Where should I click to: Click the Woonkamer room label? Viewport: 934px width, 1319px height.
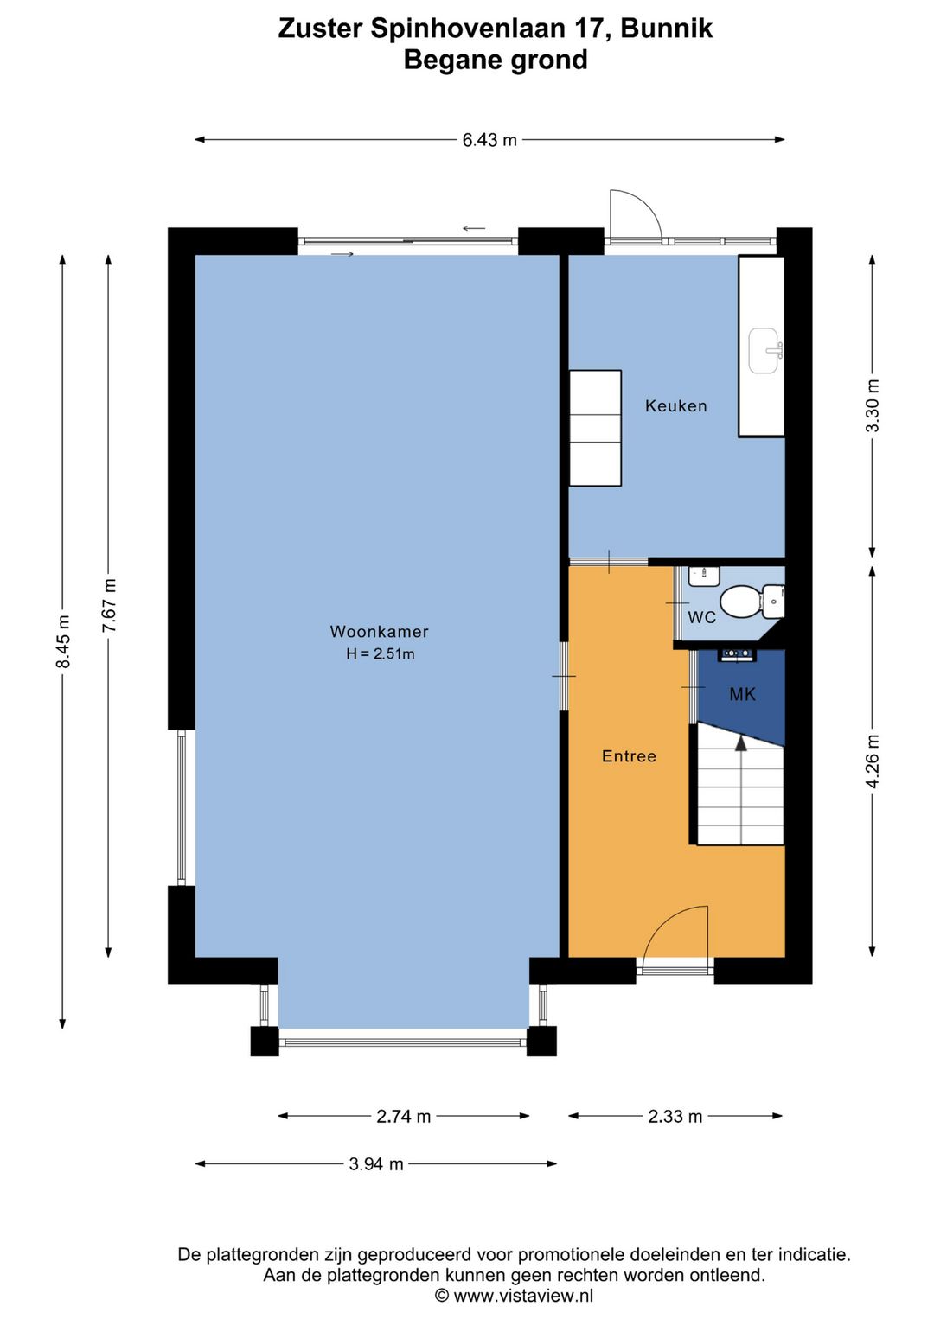(379, 632)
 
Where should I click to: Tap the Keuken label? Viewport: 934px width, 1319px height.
(675, 405)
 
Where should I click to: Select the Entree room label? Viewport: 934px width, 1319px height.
(629, 756)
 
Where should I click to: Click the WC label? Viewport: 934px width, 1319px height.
(701, 617)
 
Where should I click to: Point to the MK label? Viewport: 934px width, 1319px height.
(742, 694)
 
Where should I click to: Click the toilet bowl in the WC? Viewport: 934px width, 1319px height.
(740, 602)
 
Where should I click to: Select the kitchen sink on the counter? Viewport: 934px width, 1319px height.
(764, 350)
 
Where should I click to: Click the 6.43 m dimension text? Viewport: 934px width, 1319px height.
(489, 140)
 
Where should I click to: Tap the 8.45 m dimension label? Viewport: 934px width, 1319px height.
(63, 641)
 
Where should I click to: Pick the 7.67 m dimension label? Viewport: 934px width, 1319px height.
(109, 605)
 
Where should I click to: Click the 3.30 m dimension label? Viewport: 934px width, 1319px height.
(873, 406)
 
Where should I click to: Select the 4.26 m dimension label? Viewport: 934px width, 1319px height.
(873, 761)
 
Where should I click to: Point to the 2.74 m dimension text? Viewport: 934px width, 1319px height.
(403, 1116)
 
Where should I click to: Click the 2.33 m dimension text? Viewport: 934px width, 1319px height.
(675, 1116)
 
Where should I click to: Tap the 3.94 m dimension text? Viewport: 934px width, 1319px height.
(376, 1164)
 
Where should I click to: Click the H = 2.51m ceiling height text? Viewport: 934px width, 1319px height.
(381, 654)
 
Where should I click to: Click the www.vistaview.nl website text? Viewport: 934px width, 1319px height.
(523, 1295)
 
